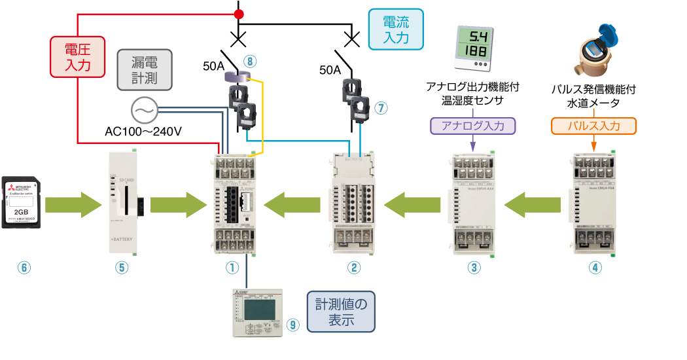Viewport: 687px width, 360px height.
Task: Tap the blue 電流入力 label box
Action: tap(396, 29)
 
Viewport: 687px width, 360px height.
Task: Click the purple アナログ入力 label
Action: tap(473, 126)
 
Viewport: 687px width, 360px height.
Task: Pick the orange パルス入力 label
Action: tap(593, 126)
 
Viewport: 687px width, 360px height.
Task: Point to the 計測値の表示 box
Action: tap(341, 312)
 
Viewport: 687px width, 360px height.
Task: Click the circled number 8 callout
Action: tap(249, 62)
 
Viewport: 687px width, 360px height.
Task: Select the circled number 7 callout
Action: tap(382, 107)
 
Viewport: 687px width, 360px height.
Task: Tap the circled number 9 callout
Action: tap(292, 324)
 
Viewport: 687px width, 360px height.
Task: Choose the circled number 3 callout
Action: tap(474, 267)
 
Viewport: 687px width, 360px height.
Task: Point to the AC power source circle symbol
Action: tap(143, 111)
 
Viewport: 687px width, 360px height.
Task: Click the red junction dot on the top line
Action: tap(239, 14)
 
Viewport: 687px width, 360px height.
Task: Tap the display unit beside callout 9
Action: tap(256, 313)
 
